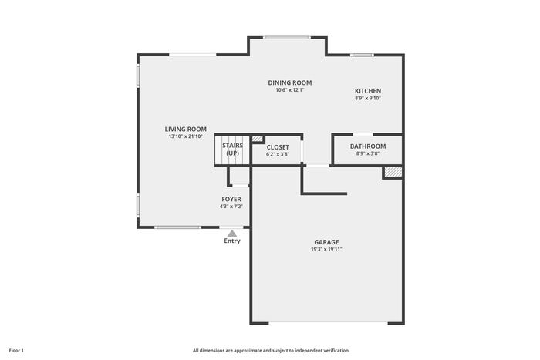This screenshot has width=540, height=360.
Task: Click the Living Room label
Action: [x=186, y=129]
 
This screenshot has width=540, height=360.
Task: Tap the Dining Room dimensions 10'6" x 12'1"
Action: [x=290, y=90]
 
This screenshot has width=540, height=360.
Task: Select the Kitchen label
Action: [x=368, y=91]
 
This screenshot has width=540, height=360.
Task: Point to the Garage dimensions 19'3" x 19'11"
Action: [x=326, y=249]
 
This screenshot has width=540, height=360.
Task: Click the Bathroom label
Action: [x=368, y=146]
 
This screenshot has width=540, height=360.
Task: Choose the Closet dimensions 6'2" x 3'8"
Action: [x=278, y=154]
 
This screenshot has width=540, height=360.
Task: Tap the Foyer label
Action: [x=231, y=200]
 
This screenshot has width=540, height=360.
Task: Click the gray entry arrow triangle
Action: [x=232, y=234]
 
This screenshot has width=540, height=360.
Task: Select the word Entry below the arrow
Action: [x=232, y=241]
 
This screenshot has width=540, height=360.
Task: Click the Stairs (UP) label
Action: [x=232, y=150]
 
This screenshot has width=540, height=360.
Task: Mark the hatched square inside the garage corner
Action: [x=393, y=173]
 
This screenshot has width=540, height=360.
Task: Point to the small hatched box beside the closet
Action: [x=257, y=139]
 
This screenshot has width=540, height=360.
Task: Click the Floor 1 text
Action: [x=16, y=351]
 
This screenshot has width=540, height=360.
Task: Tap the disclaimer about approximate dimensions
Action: [x=271, y=351]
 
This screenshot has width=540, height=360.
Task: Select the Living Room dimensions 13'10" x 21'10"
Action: [x=186, y=136]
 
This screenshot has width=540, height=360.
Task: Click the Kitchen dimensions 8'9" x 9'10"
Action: [x=368, y=98]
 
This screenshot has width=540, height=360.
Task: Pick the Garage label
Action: [x=326, y=242]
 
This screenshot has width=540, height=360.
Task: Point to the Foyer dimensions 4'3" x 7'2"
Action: [x=231, y=207]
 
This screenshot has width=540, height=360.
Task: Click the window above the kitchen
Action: [x=362, y=55]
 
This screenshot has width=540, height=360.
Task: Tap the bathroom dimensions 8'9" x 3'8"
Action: [x=368, y=153]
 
